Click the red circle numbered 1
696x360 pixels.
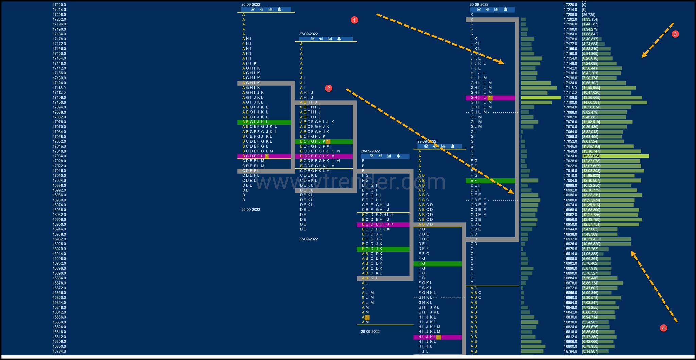(x=354, y=20)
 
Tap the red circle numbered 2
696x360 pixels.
(x=328, y=88)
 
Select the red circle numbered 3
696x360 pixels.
(x=675, y=34)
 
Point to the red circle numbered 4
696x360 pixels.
(x=663, y=328)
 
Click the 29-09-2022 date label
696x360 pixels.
(x=427, y=141)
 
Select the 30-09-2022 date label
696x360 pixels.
(x=479, y=5)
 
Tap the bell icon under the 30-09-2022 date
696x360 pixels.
(x=505, y=10)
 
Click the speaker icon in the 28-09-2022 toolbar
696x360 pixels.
(x=380, y=156)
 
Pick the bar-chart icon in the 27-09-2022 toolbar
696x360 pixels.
(x=330, y=39)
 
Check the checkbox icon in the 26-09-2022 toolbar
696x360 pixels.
(x=253, y=10)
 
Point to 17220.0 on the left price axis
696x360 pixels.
(x=59, y=5)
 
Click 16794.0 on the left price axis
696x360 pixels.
(x=59, y=351)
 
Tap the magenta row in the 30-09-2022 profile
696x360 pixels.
(x=490, y=98)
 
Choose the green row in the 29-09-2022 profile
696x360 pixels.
(x=437, y=263)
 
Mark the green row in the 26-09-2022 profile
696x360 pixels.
(x=264, y=122)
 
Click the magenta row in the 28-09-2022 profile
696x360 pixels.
(x=383, y=224)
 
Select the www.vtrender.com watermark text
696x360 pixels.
(x=350, y=182)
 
